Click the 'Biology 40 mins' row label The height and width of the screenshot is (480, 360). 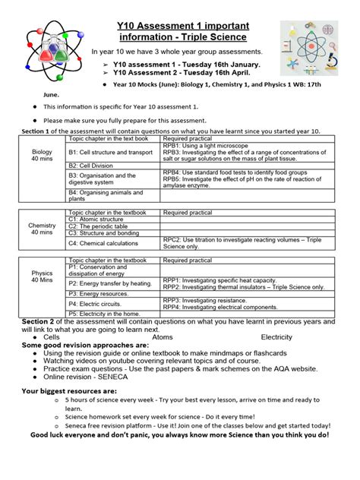point(42,155)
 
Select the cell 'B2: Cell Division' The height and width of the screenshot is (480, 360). point(96,165)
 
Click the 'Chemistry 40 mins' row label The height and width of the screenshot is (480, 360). point(42,229)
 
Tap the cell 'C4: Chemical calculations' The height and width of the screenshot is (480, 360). point(108,243)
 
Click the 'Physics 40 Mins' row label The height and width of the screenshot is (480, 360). point(42,276)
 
